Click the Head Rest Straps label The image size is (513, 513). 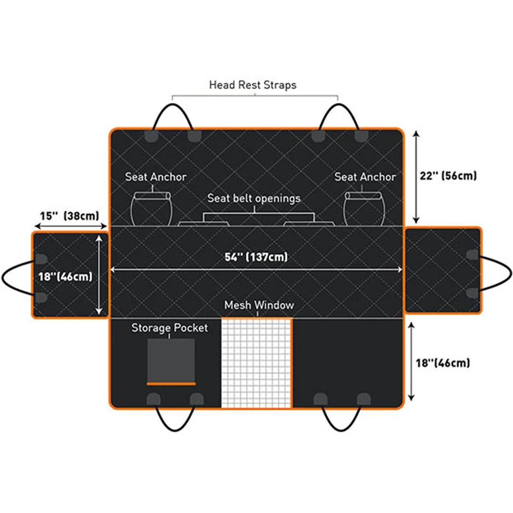point(252,85)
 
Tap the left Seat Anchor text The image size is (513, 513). point(156,177)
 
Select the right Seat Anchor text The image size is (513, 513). point(365,177)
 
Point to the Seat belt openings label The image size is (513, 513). point(254,198)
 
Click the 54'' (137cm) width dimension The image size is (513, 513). point(256,257)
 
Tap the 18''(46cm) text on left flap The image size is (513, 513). point(65,276)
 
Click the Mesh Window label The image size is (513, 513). point(259,305)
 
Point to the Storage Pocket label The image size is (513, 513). point(170,327)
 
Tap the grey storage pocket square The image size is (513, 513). point(171,359)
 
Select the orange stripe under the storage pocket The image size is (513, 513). point(171,383)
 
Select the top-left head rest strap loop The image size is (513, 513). point(172,115)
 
